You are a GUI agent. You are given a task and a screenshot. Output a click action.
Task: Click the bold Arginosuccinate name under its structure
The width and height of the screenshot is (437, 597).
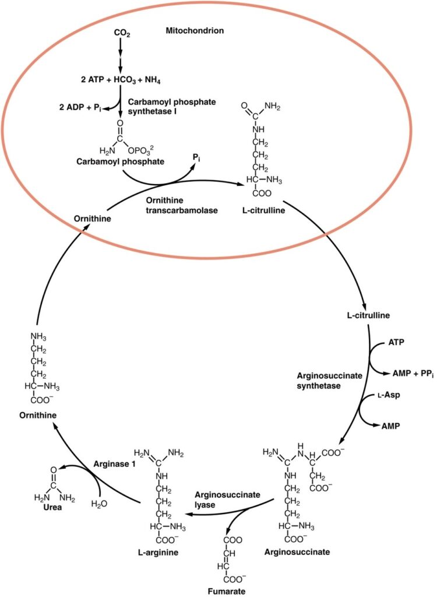[x=297, y=552]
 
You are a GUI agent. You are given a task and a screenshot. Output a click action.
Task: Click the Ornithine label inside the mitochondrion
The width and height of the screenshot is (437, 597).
[x=89, y=218]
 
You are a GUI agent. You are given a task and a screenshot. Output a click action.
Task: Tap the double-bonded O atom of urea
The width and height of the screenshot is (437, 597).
[x=54, y=469]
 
